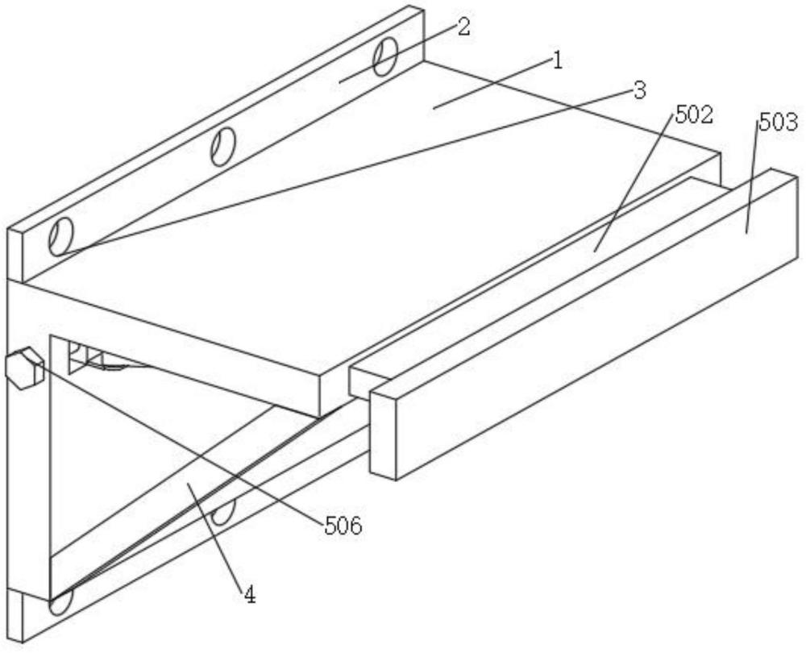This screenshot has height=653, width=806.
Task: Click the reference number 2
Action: (463, 27)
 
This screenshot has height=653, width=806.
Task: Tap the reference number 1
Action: (556, 60)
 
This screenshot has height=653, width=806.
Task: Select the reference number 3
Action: (639, 89)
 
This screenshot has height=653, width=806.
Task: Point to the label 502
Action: (694, 115)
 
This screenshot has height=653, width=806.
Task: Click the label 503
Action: (778, 123)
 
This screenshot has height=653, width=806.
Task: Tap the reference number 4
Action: (250, 596)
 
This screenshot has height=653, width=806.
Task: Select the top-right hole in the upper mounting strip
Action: (385, 55)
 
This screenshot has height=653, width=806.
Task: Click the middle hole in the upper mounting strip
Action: (223, 148)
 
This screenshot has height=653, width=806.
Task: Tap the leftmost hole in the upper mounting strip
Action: (60, 236)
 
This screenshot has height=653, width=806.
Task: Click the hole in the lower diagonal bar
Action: (223, 510)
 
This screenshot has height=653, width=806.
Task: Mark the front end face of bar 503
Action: (384, 435)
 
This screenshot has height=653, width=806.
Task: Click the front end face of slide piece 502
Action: (358, 381)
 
